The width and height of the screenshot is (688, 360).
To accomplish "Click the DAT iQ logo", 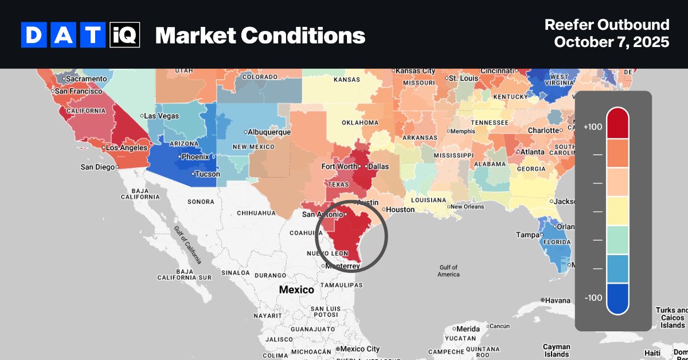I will pos(80,36).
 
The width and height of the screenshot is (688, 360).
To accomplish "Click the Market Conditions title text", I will pos(260,36).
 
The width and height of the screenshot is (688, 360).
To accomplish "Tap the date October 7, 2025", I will pos(611,43).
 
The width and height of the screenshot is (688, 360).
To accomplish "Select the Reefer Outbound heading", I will pos(607,25).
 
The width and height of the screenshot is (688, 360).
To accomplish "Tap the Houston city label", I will pos(400,209).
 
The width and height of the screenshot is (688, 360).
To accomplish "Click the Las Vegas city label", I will pos(161,116).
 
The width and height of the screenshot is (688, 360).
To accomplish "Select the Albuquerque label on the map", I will pos(269,132).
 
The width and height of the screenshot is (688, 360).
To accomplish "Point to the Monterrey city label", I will pos(342,267).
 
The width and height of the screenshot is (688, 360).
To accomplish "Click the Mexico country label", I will pos(296,289).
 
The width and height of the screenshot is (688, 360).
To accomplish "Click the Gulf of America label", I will pos(448,271).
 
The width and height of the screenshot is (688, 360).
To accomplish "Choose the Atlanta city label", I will pos(533,152).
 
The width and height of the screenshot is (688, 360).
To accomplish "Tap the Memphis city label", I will pos(463,131).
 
